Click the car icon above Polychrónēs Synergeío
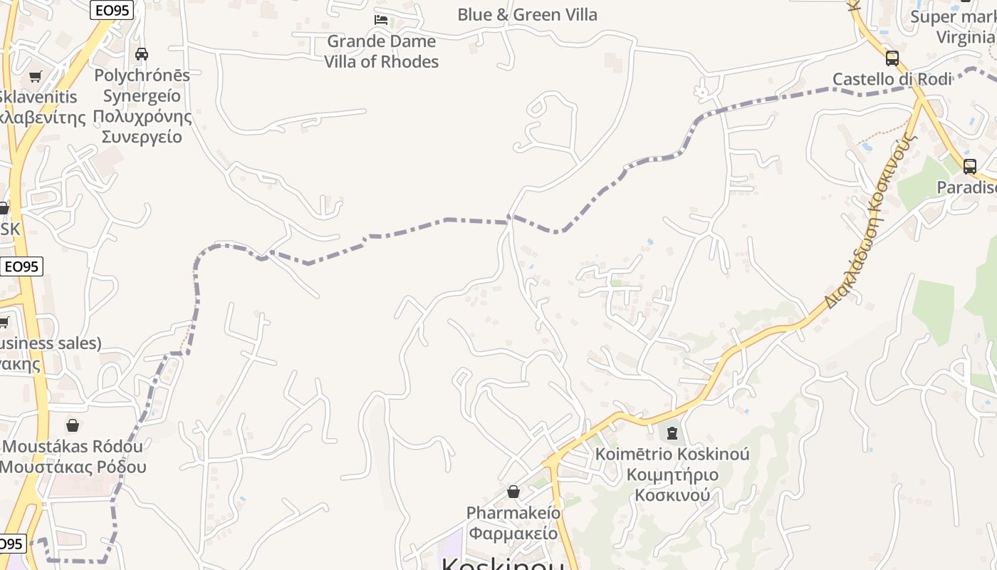[x=142, y=53]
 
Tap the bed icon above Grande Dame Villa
[x=381, y=20]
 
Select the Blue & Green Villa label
[x=527, y=14]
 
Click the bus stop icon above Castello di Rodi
[x=892, y=58]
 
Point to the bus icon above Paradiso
[x=969, y=167]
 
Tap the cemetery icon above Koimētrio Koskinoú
[x=672, y=432]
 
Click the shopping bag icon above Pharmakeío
[x=513, y=492]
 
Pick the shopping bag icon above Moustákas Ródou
[x=73, y=425]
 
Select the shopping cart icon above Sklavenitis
[x=35, y=76]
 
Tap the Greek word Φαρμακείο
[x=513, y=533]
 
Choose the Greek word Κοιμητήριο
[x=672, y=475]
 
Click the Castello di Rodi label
[x=892, y=79]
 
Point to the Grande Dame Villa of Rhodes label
[x=382, y=51]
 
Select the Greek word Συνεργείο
[x=142, y=136]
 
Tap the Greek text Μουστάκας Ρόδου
[x=73, y=467]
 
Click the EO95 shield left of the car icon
[x=112, y=10]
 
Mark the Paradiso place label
[x=966, y=187]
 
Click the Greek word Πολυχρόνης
[x=142, y=116]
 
